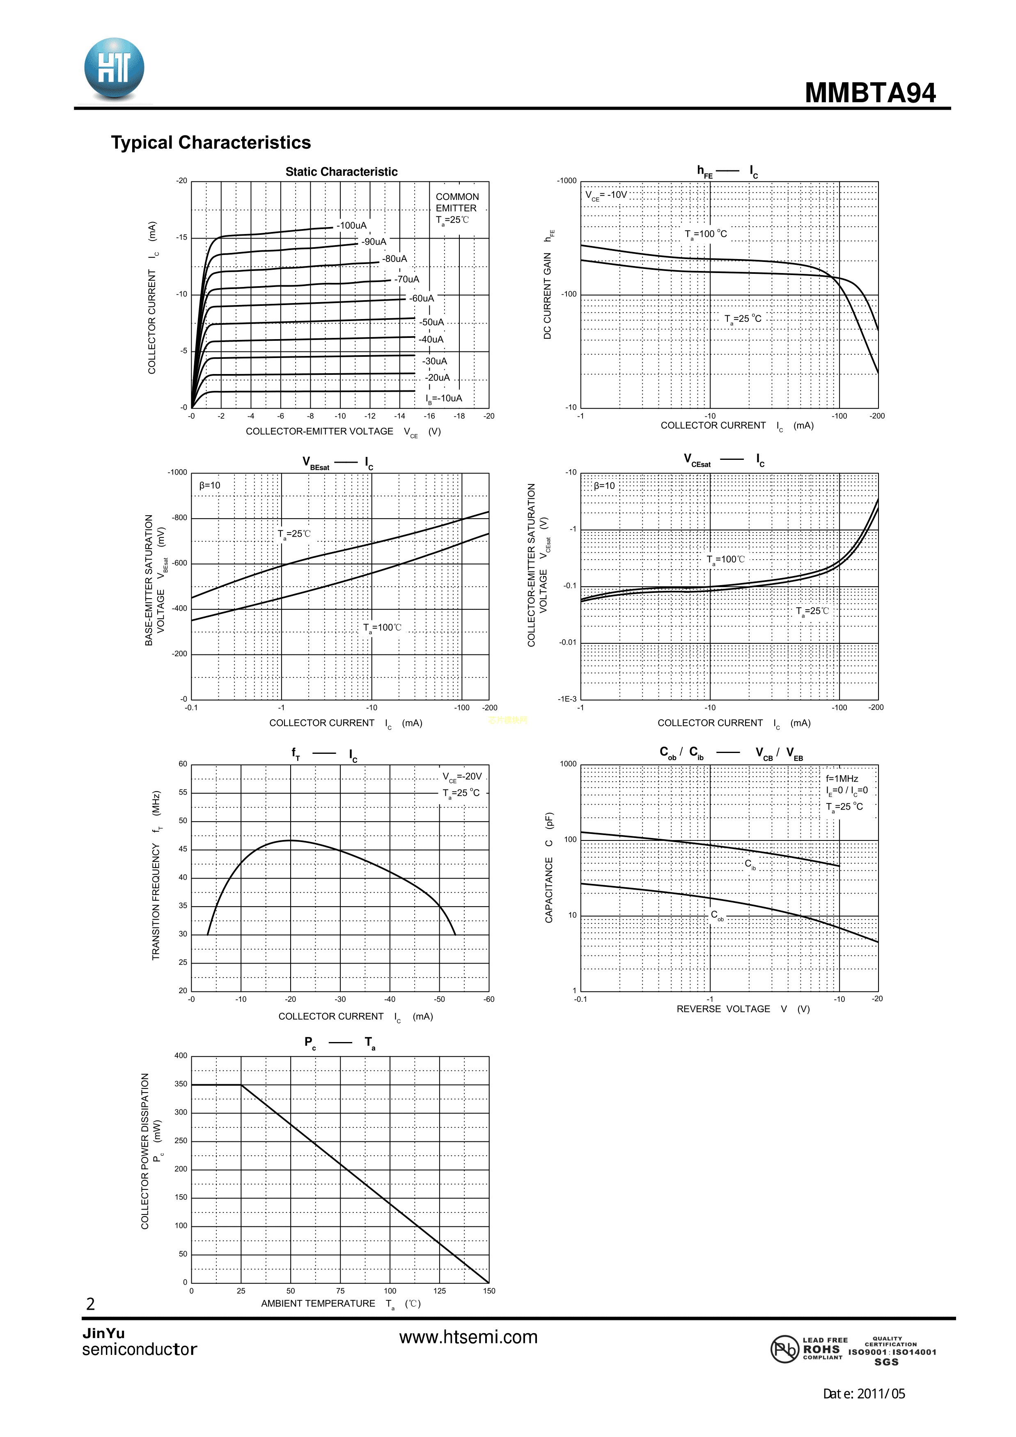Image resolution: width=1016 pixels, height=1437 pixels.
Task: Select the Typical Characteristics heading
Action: pos(211,143)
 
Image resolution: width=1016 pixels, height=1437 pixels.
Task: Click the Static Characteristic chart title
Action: pos(341,172)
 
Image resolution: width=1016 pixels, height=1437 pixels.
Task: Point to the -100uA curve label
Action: pos(351,226)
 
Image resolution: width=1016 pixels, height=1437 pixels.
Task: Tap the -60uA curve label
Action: pos(421,298)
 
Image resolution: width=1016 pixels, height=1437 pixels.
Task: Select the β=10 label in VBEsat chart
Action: pos(210,486)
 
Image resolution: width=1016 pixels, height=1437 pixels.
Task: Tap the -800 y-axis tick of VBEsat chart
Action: pos(179,518)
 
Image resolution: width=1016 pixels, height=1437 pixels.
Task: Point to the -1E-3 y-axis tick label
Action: pos(567,699)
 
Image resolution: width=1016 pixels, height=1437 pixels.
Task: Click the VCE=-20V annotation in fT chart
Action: pos(462,777)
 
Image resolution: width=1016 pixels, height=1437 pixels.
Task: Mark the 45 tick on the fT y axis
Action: pos(183,849)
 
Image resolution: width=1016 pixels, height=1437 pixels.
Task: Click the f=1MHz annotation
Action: pos(842,778)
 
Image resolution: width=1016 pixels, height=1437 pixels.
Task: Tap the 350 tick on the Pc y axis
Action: pos(181,1084)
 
